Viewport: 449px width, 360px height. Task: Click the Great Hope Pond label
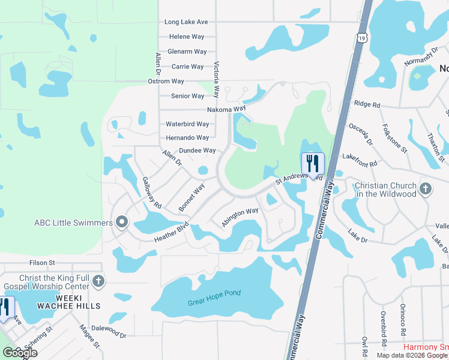pyautogui.click(x=214, y=294)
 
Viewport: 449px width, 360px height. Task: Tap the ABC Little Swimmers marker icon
pyautogui.click(x=122, y=223)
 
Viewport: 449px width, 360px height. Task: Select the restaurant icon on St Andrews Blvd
pyautogui.click(x=313, y=163)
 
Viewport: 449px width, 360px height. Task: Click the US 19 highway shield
pyautogui.click(x=361, y=38)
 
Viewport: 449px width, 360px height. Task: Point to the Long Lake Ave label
pyautogui.click(x=186, y=22)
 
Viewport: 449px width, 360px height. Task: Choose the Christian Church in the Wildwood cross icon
pyautogui.click(x=426, y=189)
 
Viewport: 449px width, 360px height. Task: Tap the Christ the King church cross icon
pyautogui.click(x=98, y=281)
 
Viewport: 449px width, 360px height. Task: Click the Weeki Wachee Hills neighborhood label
pyautogui.click(x=64, y=302)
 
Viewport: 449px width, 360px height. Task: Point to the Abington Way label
pyautogui.click(x=240, y=217)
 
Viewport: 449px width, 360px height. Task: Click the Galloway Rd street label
pyautogui.click(x=152, y=193)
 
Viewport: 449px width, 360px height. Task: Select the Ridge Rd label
pyautogui.click(x=367, y=104)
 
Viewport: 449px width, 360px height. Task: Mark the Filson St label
pyautogui.click(x=42, y=263)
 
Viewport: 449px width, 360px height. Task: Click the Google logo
pyautogui.click(x=19, y=353)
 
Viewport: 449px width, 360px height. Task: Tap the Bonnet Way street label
pyautogui.click(x=191, y=197)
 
